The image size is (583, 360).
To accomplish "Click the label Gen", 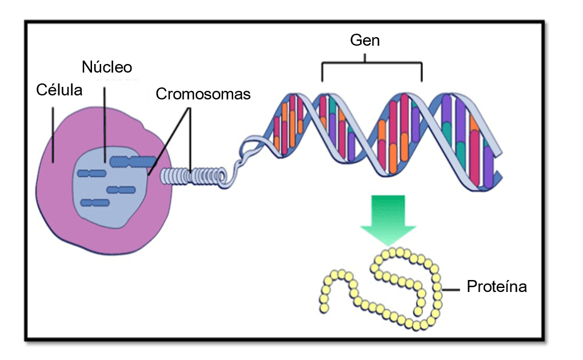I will pyautogui.click(x=365, y=41).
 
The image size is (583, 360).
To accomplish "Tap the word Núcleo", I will pyautogui.click(x=107, y=67).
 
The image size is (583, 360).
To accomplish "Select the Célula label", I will pyautogui.click(x=59, y=90).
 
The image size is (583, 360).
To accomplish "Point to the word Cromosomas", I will pyautogui.click(x=203, y=94).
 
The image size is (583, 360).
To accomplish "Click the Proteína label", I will pyautogui.click(x=496, y=287).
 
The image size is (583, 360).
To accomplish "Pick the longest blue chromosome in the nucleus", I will pyautogui.click(x=132, y=162).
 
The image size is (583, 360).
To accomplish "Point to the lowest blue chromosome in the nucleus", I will pyautogui.click(x=95, y=202).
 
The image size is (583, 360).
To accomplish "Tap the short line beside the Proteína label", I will pyautogui.click(x=450, y=289).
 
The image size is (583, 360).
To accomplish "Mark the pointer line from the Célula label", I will pyautogui.click(x=53, y=131).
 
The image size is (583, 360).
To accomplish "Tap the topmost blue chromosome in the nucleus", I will pyautogui.click(x=132, y=162).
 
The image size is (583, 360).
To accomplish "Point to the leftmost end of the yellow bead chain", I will pyautogui.click(x=324, y=307).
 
